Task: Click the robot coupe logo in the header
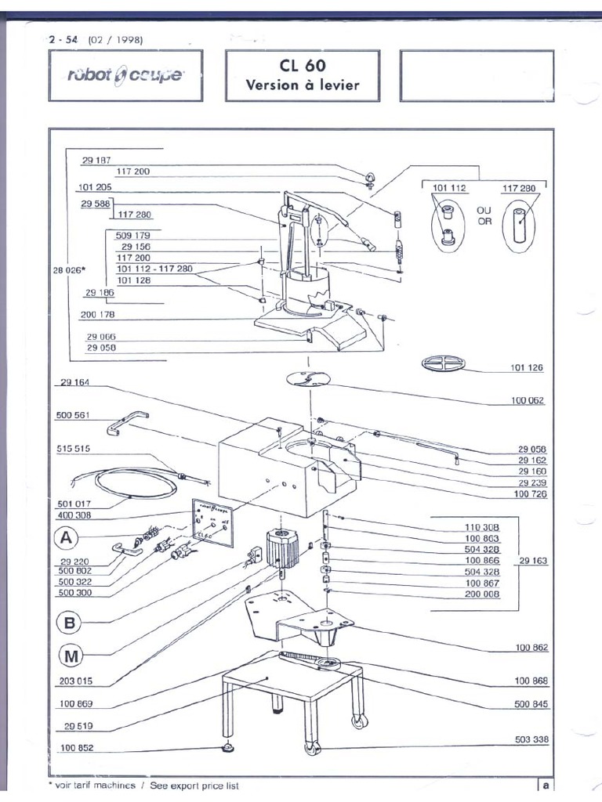[125, 75]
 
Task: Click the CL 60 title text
[303, 66]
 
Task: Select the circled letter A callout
[68, 538]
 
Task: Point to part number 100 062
[529, 401]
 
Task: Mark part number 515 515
[74, 449]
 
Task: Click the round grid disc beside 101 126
[443, 363]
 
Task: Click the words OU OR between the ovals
[484, 216]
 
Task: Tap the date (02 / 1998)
[115, 40]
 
